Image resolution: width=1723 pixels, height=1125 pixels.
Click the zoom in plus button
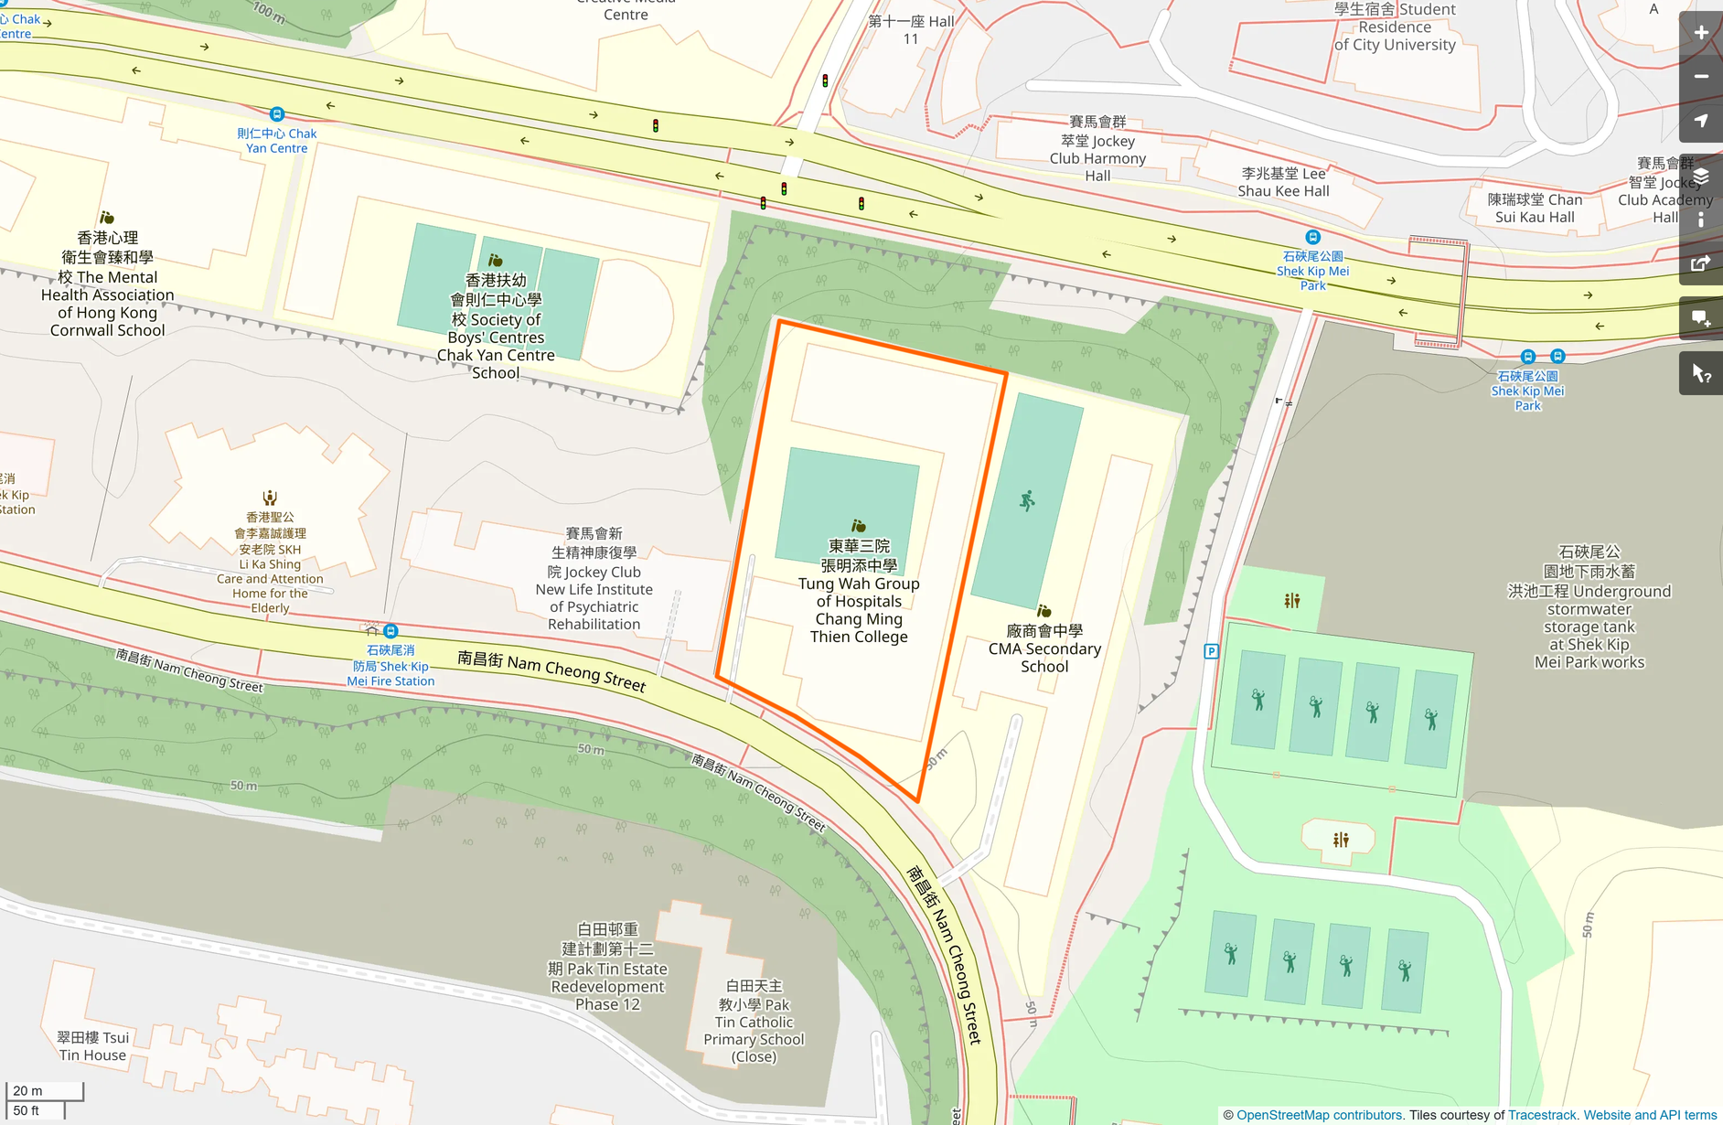[1701, 33]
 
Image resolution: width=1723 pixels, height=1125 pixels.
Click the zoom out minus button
[1701, 77]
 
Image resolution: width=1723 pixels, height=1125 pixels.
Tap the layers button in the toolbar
[1701, 177]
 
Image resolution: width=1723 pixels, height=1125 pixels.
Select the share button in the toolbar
[1701, 263]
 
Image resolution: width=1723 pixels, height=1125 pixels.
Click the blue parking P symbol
[1211, 651]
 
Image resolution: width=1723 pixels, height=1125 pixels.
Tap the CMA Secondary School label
[1044, 648]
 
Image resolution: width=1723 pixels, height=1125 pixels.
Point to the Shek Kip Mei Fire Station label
[391, 666]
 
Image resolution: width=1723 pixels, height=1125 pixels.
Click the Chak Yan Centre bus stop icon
[277, 114]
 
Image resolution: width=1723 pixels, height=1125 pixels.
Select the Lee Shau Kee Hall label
[1283, 182]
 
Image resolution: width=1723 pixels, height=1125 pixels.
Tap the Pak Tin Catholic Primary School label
[754, 1021]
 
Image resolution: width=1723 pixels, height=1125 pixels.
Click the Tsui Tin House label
[92, 1045]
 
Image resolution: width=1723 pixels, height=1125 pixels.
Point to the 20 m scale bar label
[27, 1090]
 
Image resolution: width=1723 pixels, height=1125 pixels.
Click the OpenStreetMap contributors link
[1319, 1115]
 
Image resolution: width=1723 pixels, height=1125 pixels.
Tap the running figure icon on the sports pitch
[1027, 500]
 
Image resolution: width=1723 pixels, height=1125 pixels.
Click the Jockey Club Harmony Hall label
[1097, 148]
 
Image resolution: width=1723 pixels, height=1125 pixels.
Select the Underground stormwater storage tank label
[1589, 607]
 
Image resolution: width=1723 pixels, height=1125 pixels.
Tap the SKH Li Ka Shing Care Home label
[270, 563]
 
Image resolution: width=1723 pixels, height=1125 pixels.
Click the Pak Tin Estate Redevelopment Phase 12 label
[607, 967]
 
